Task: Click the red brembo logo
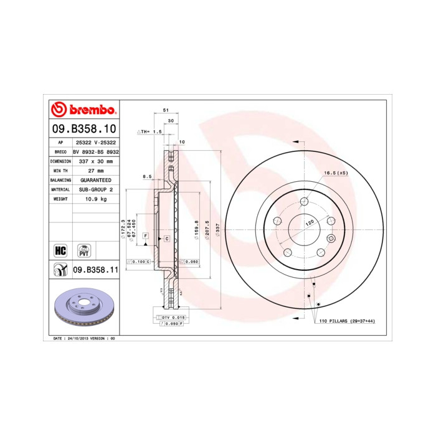pos(83,110)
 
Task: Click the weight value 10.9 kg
pos(95,199)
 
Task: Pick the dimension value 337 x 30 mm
pos(95,161)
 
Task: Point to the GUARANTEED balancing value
pos(95,179)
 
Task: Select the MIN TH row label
pos(60,170)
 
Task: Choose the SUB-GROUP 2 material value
pos(95,189)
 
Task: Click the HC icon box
pos(60,250)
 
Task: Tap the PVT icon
pos(83,250)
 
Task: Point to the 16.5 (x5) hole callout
pos(335,173)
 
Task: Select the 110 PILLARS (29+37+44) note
pos(347,320)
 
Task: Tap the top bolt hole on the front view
pos(304,201)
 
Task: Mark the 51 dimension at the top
pos(166,110)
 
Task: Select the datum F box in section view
pos(145,236)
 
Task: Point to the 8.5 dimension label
pos(147,177)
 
